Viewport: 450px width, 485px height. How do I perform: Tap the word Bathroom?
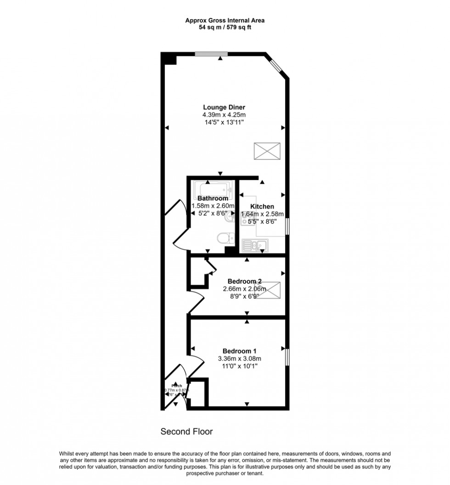tap(213, 198)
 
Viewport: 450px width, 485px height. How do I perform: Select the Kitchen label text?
tap(262, 207)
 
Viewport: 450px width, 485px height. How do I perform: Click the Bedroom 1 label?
tap(239, 351)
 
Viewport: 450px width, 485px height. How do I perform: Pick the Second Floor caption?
tap(186, 432)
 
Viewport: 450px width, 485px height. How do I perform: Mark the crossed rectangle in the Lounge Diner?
tap(266, 151)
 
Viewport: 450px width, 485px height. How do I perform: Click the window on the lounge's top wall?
tap(211, 54)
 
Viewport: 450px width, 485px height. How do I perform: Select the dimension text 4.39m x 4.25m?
tap(225, 115)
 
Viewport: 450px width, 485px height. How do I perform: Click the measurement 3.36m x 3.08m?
tap(239, 359)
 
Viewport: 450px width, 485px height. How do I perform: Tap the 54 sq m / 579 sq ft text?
tap(225, 27)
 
